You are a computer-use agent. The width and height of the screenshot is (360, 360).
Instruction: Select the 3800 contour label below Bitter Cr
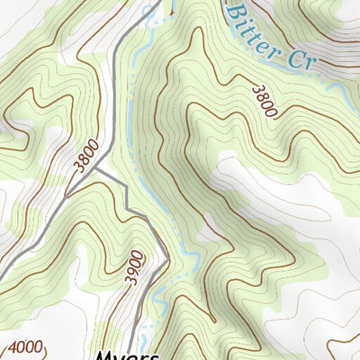pyautogui.click(x=265, y=99)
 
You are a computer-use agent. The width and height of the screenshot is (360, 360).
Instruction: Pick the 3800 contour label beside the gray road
pyautogui.click(x=85, y=161)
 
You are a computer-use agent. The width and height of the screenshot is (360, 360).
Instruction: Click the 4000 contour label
pyautogui.click(x=25, y=346)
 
